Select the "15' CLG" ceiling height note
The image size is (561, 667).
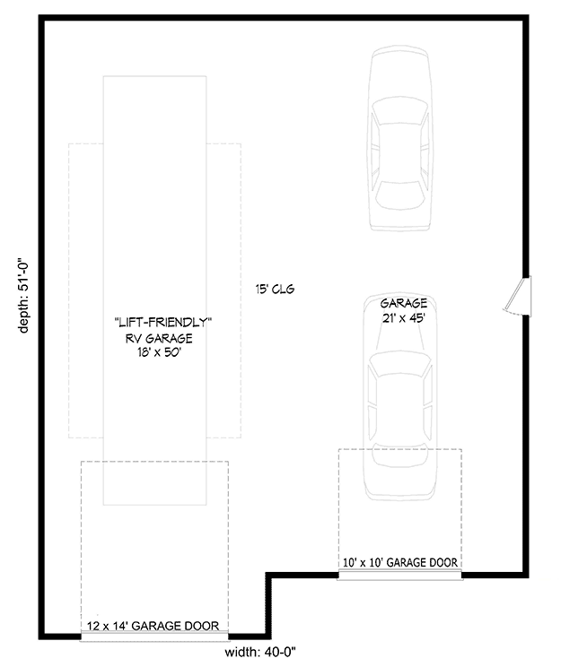[275, 290]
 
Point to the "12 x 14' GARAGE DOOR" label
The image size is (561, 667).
[154, 627]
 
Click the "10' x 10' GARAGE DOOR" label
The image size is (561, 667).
[400, 563]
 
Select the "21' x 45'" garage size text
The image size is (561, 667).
[403, 318]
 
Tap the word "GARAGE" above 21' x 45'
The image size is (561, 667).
[403, 304]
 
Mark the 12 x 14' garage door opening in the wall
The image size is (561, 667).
[154, 637]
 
